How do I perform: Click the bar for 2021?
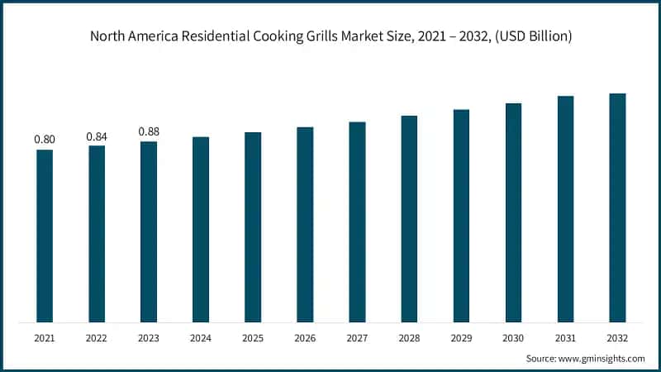[45, 236]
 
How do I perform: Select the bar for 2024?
[201, 229]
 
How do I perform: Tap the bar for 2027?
[357, 222]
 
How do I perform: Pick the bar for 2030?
[513, 212]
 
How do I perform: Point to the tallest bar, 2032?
[617, 207]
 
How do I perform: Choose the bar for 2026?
[305, 224]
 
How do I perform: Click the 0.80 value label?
[45, 140]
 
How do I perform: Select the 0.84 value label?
[97, 136]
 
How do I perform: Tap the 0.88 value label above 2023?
[149, 131]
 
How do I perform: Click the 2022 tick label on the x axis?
[97, 339]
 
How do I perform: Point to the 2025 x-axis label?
[253, 339]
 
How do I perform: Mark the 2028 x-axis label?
[409, 339]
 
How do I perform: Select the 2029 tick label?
[461, 339]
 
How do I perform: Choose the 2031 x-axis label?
[565, 339]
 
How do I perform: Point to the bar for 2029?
[461, 216]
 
